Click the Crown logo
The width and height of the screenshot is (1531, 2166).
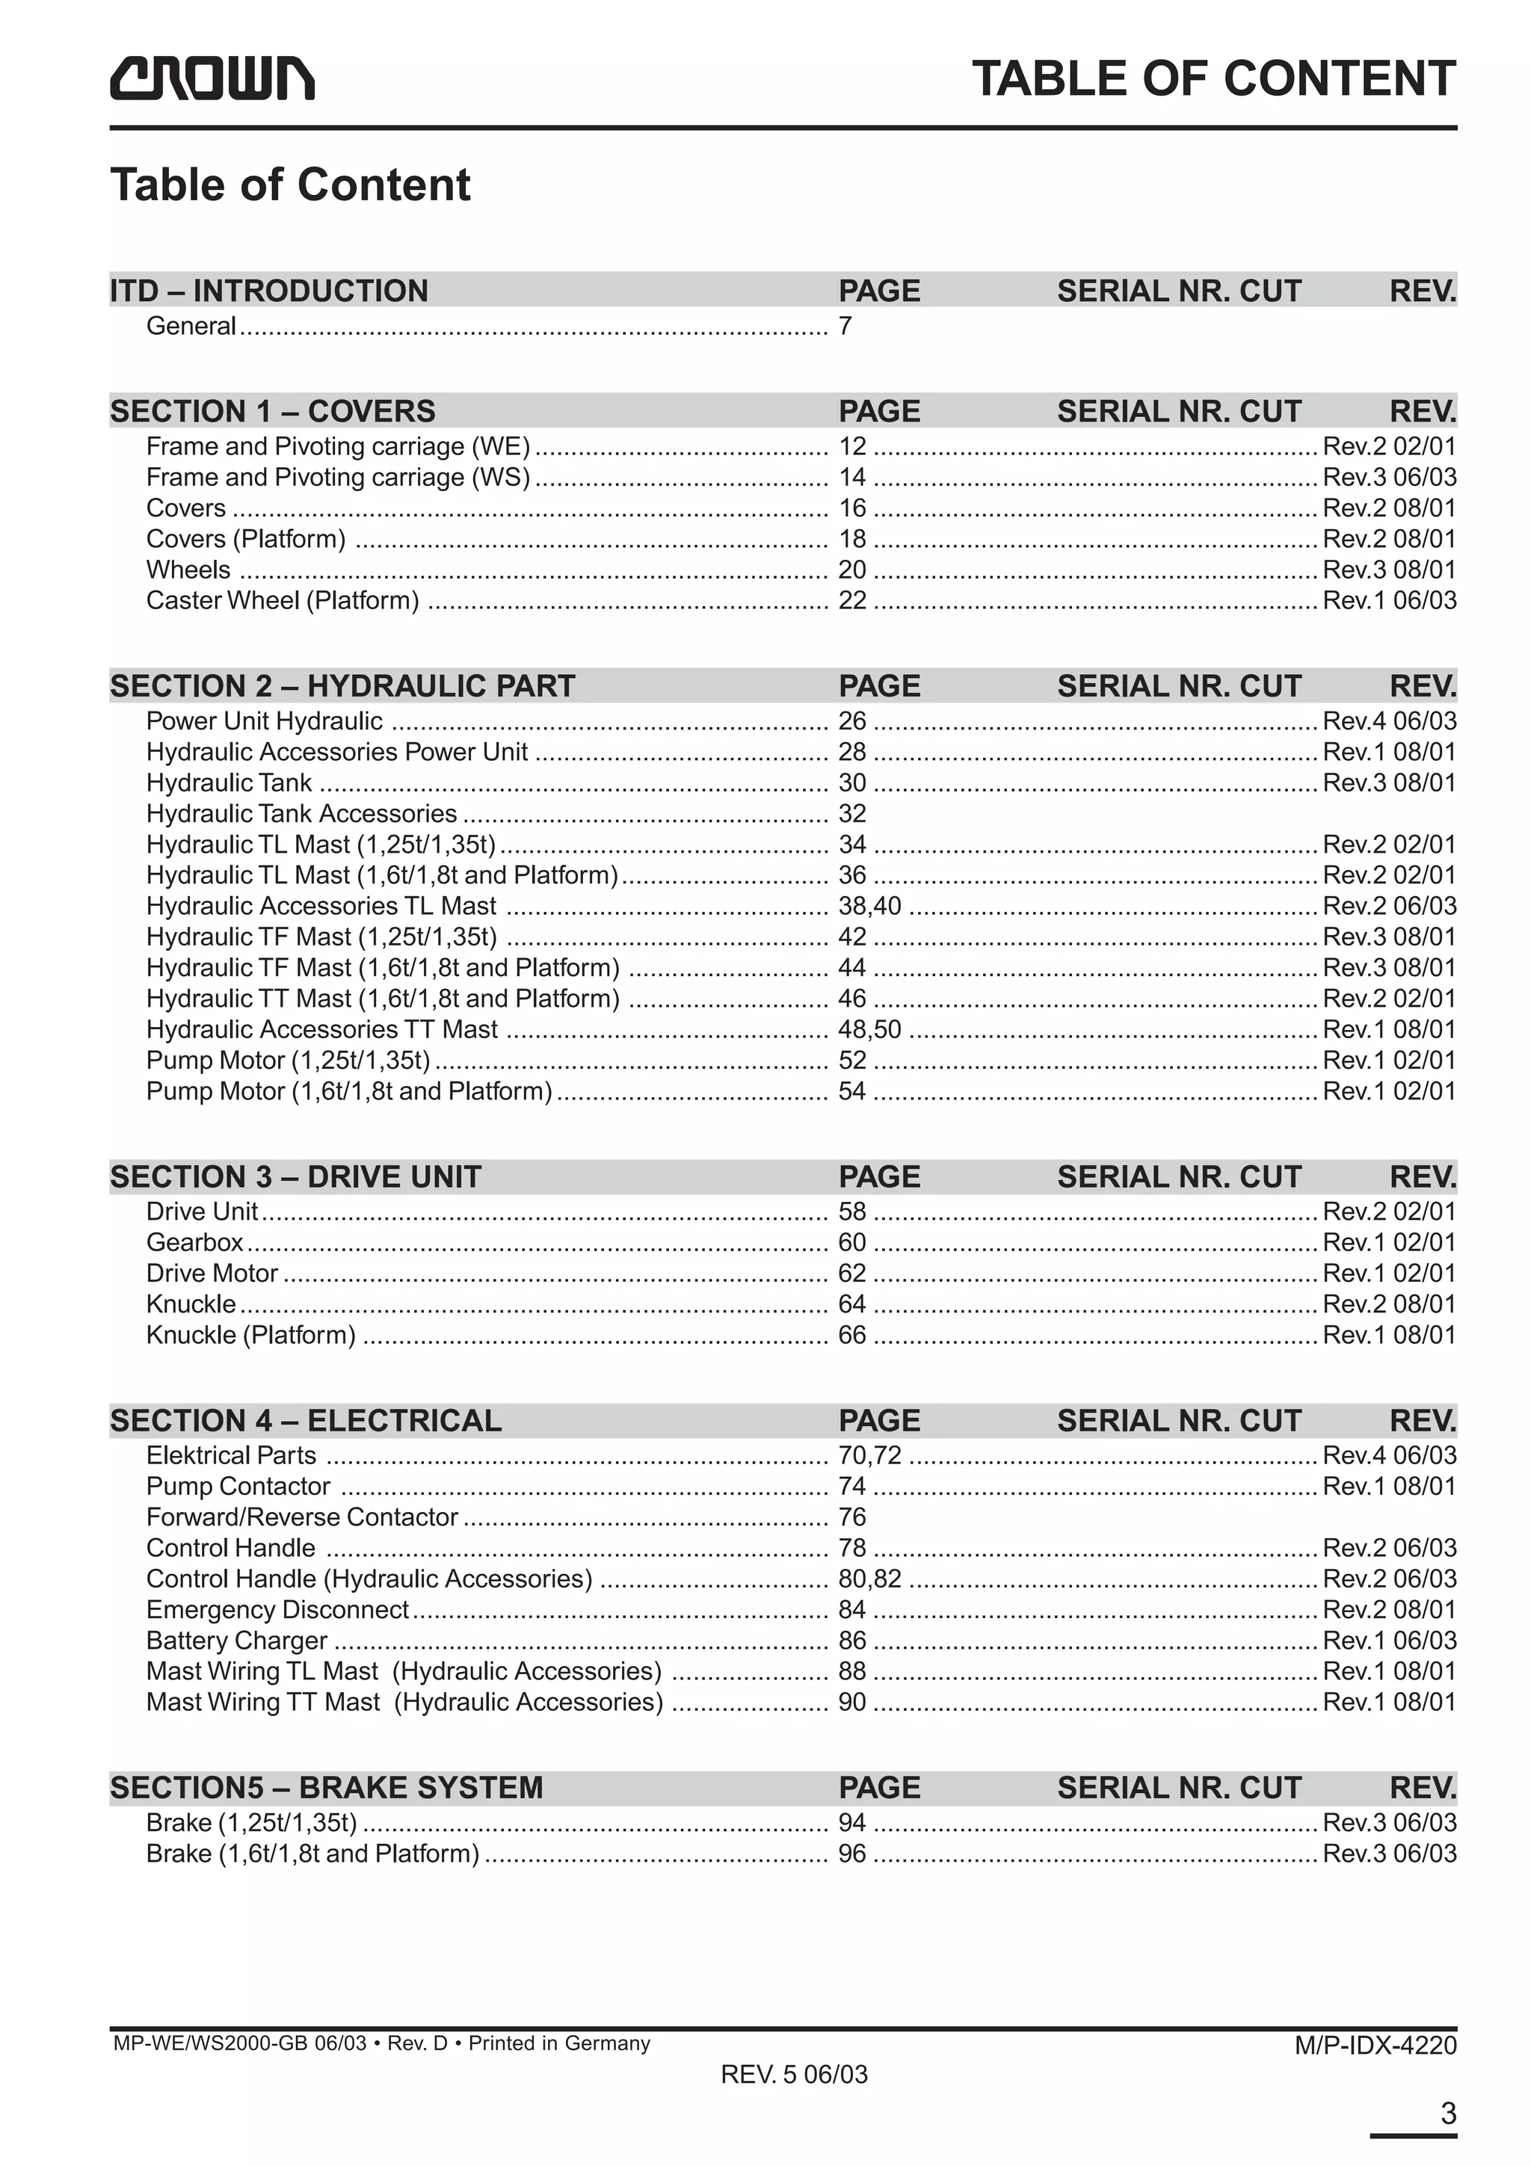212,78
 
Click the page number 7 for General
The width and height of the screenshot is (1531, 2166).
845,327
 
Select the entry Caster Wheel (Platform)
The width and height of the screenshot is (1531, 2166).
282,601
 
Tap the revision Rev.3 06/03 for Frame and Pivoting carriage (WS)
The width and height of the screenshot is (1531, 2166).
1388,478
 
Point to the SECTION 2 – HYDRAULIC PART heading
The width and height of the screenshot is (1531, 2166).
342,686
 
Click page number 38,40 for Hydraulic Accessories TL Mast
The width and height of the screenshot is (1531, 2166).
869,906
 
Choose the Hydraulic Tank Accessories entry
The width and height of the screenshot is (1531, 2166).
301,813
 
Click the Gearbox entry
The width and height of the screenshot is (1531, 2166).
194,1242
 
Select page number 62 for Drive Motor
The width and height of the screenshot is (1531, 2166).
851,1274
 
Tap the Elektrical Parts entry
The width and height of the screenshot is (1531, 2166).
231,1456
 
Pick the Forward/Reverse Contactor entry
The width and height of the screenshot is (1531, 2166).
302,1517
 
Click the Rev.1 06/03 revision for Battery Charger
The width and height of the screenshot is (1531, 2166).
1388,1641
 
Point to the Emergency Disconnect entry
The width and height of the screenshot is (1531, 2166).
277,1609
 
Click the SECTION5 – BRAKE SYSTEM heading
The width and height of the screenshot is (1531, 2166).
327,1788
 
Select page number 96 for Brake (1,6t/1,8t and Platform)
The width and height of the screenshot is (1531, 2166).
851,1854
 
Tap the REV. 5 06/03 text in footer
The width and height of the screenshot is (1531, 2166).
793,2101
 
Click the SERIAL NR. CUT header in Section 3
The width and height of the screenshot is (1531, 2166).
1178,1176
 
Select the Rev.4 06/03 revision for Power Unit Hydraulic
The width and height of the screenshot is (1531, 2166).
1388,722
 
